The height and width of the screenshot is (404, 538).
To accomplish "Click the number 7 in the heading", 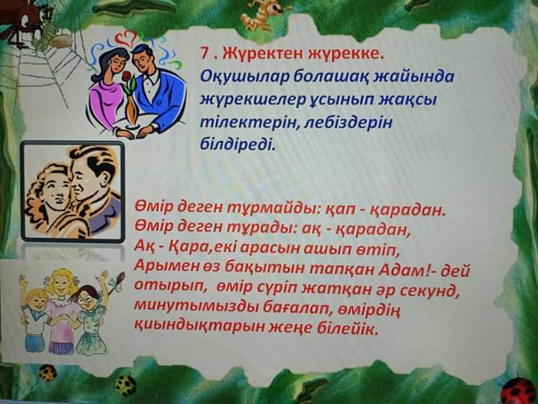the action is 205,53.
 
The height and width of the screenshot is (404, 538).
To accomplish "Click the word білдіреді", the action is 238,144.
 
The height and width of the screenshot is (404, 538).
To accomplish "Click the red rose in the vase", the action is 127,76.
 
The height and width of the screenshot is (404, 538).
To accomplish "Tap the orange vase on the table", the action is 131,110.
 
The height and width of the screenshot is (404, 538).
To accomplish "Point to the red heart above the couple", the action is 125,37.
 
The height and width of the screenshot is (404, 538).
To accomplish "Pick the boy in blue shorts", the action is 35,320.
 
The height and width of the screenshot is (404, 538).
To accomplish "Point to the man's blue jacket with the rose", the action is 159,99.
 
